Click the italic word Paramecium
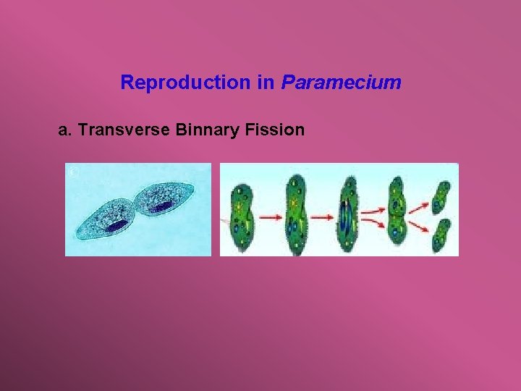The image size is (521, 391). [341, 83]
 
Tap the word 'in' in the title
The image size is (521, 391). [266, 83]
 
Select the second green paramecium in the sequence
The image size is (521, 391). [295, 214]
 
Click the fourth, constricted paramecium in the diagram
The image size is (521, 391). [397, 214]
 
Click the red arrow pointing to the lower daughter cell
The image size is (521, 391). [420, 226]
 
